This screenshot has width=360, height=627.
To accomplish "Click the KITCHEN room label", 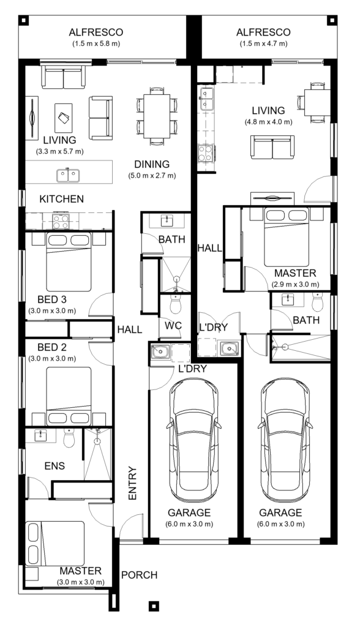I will (61, 199).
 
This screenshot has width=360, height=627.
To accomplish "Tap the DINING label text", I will (152, 164).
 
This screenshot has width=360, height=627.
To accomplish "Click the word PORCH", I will (140, 575).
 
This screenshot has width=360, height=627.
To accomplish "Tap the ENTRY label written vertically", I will (132, 484).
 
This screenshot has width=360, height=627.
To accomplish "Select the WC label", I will (174, 326).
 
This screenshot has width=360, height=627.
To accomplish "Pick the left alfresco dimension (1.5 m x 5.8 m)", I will (96, 43).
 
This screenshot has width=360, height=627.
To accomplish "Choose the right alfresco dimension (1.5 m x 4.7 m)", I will (263, 43).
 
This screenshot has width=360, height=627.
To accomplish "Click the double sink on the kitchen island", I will (69, 175).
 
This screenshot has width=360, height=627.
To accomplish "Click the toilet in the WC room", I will (175, 304).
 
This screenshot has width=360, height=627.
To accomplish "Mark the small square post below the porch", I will (154, 606).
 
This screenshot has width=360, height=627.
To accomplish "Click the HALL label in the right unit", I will (209, 247).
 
